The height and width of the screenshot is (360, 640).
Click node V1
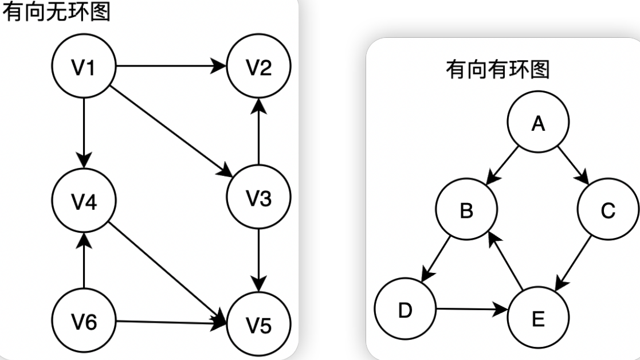(x=84, y=66)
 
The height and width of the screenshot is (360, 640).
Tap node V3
(x=259, y=198)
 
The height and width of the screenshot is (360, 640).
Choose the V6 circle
(x=84, y=322)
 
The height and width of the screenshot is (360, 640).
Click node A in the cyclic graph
(x=538, y=123)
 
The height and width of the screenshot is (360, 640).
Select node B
(x=466, y=210)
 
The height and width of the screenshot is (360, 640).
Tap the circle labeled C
(x=608, y=210)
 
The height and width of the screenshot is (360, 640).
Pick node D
(x=405, y=310)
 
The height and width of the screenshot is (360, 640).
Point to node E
(x=538, y=318)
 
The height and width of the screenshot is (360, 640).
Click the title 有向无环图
(x=56, y=11)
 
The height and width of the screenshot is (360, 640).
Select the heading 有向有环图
(x=497, y=70)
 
